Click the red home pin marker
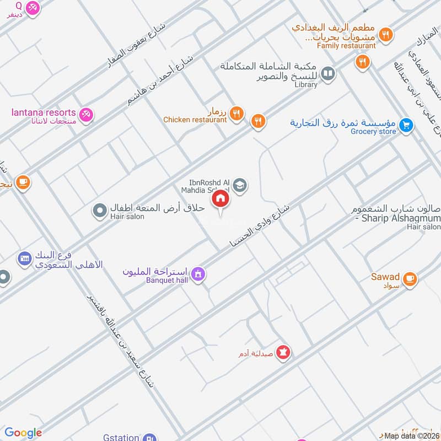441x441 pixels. (x=220, y=199)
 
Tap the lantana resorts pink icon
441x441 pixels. (x=86, y=115)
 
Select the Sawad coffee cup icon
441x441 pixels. (x=410, y=279)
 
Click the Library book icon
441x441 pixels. (x=328, y=73)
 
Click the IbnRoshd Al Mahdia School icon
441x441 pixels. (x=239, y=185)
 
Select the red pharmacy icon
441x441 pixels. (x=283, y=352)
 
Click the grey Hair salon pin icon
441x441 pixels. (x=100, y=210)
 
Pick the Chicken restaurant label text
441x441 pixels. (x=195, y=120)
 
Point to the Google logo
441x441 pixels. (x=23, y=433)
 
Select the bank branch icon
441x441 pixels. (x=24, y=257)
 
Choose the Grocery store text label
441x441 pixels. (x=373, y=132)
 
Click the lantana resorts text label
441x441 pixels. (x=44, y=112)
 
